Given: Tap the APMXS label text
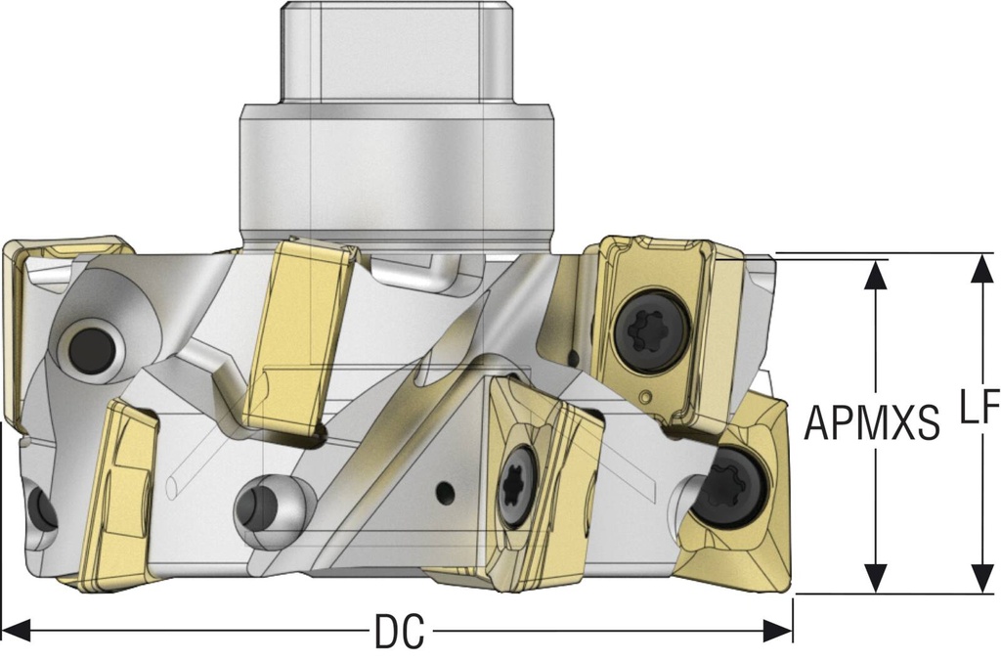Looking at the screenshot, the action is pyautogui.click(x=872, y=422).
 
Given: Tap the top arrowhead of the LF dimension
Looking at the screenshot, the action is pyautogui.click(x=979, y=268).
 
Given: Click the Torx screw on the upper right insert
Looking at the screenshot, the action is pyautogui.click(x=652, y=331).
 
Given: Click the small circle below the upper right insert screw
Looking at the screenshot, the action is pyautogui.click(x=647, y=397).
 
